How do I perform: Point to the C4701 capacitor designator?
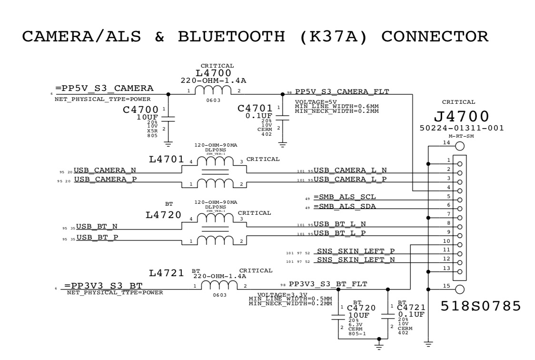pos(255,108)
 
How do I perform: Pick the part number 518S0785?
pos(481,306)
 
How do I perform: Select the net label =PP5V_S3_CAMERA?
pos(104,88)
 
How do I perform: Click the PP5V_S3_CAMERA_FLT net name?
pos(342,91)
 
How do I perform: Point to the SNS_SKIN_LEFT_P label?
pos(356,250)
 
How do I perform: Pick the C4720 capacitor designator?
pos(364,308)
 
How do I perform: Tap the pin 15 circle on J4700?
pos(460,289)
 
